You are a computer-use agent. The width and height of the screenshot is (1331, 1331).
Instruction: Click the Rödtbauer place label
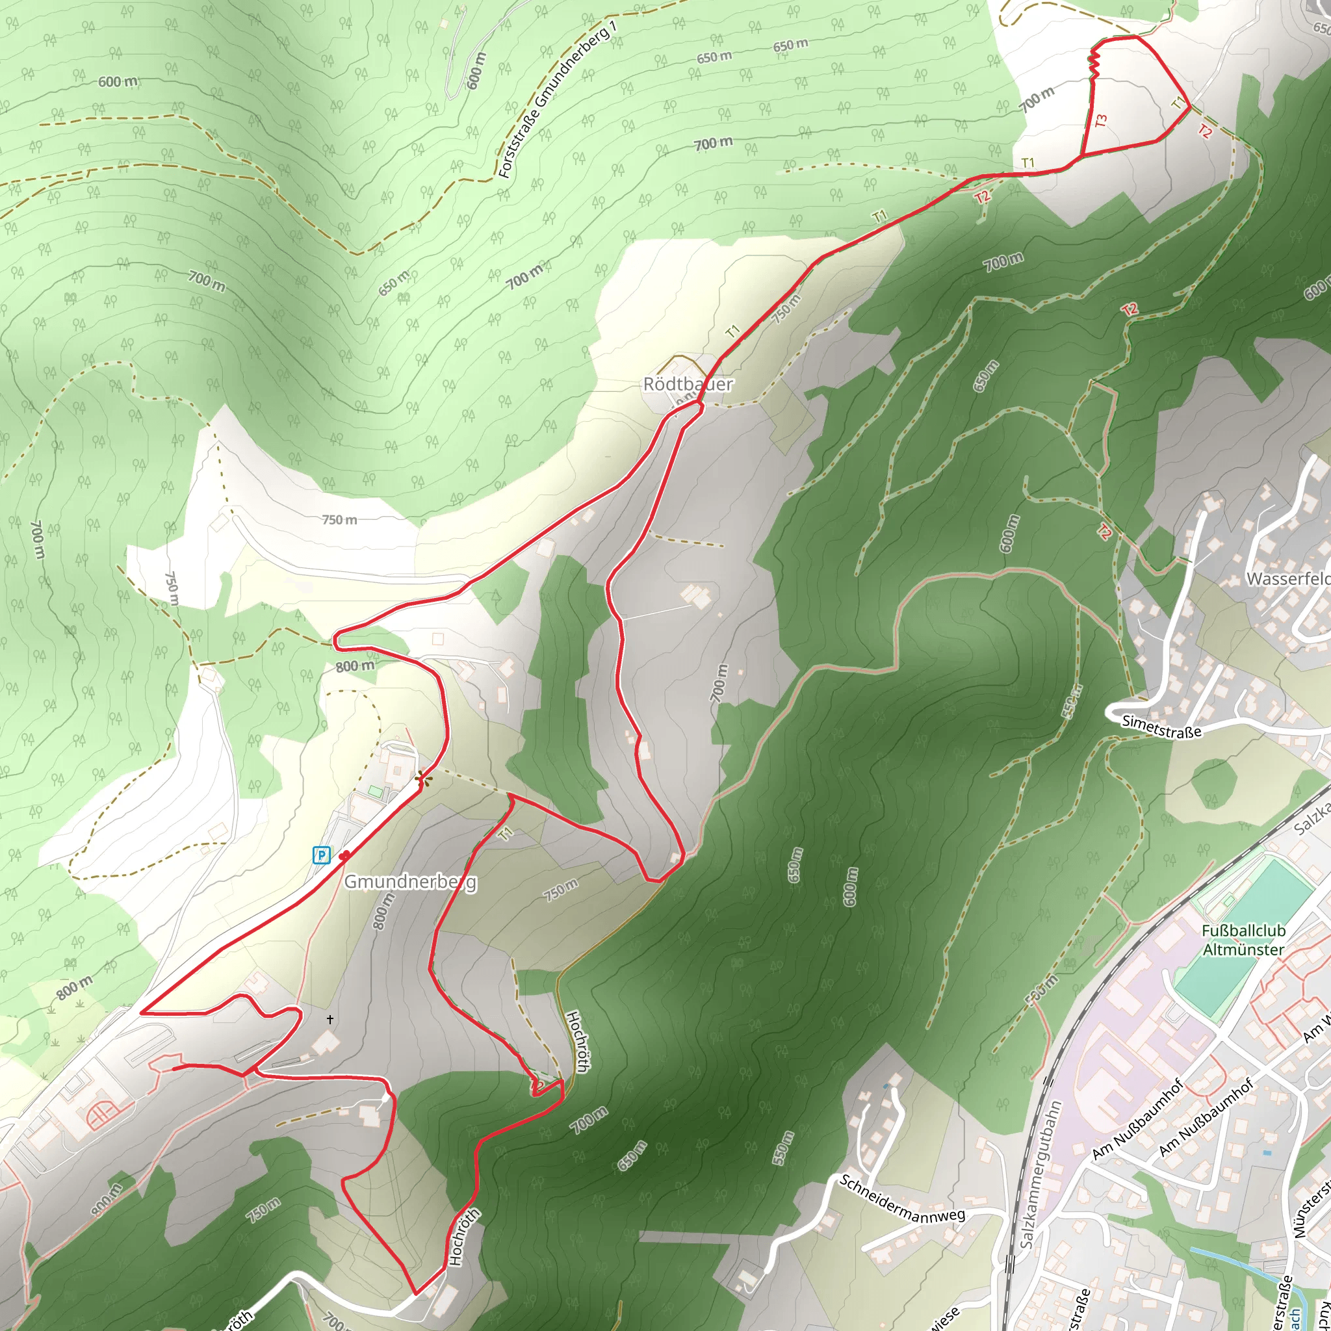[x=688, y=385]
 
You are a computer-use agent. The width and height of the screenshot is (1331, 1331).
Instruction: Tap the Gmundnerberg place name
[x=410, y=882]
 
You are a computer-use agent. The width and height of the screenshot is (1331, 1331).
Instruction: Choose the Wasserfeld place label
[x=1287, y=578]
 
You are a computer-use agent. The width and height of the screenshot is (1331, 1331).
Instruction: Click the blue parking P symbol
[x=321, y=856]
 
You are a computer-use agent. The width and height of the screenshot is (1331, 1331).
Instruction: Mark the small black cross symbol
[x=330, y=1019]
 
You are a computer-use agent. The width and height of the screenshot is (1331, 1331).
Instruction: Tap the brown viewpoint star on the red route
[x=422, y=780]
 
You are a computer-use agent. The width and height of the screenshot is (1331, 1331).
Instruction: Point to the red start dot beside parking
[x=344, y=857]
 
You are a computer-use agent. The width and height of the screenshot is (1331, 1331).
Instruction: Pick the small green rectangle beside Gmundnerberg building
[x=374, y=790]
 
